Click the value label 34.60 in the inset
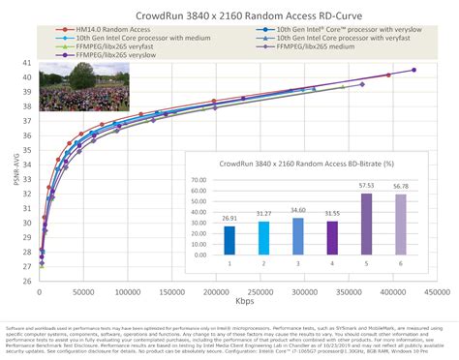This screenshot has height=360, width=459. pyautogui.click(x=297, y=212)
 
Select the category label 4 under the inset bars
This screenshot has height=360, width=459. pyautogui.click(x=332, y=262)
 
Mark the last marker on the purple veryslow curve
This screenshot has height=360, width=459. pyautogui.click(x=413, y=70)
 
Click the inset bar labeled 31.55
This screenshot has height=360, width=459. pyautogui.click(x=332, y=236)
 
